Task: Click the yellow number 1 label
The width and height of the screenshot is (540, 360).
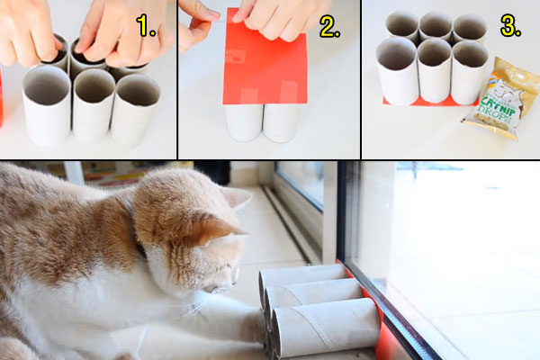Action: click(147, 26)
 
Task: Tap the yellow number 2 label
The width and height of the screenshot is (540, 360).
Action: click(329, 26)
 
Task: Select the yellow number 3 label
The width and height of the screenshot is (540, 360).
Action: click(510, 26)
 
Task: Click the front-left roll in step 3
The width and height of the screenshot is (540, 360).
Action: click(397, 72)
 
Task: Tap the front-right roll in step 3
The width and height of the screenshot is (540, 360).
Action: click(468, 72)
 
